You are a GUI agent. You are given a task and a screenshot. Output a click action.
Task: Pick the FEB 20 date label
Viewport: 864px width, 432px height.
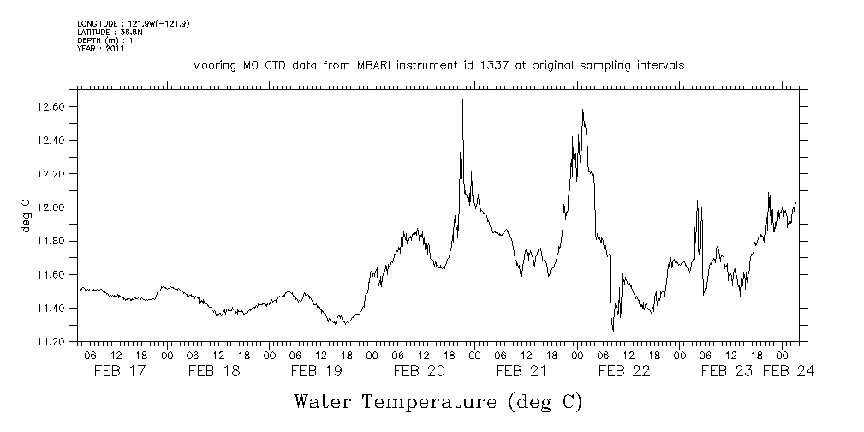tap(420, 371)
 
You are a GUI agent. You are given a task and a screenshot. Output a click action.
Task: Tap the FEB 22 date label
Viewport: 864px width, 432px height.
tap(624, 371)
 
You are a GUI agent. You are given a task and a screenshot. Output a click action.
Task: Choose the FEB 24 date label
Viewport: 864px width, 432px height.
tap(789, 371)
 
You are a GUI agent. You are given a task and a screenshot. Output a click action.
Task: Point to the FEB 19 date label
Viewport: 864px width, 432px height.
tap(317, 371)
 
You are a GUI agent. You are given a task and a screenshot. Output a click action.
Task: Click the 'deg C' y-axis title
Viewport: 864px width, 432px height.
tap(26, 215)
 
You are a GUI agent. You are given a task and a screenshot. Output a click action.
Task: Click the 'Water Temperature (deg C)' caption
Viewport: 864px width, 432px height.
tap(439, 401)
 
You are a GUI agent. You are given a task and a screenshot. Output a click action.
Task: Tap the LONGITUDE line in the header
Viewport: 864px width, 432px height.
tap(132, 23)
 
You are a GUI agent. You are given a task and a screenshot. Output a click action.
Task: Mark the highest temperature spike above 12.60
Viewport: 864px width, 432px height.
tap(462, 95)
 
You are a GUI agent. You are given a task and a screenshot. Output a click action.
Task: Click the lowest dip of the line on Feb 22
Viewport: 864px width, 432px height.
tap(613, 329)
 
